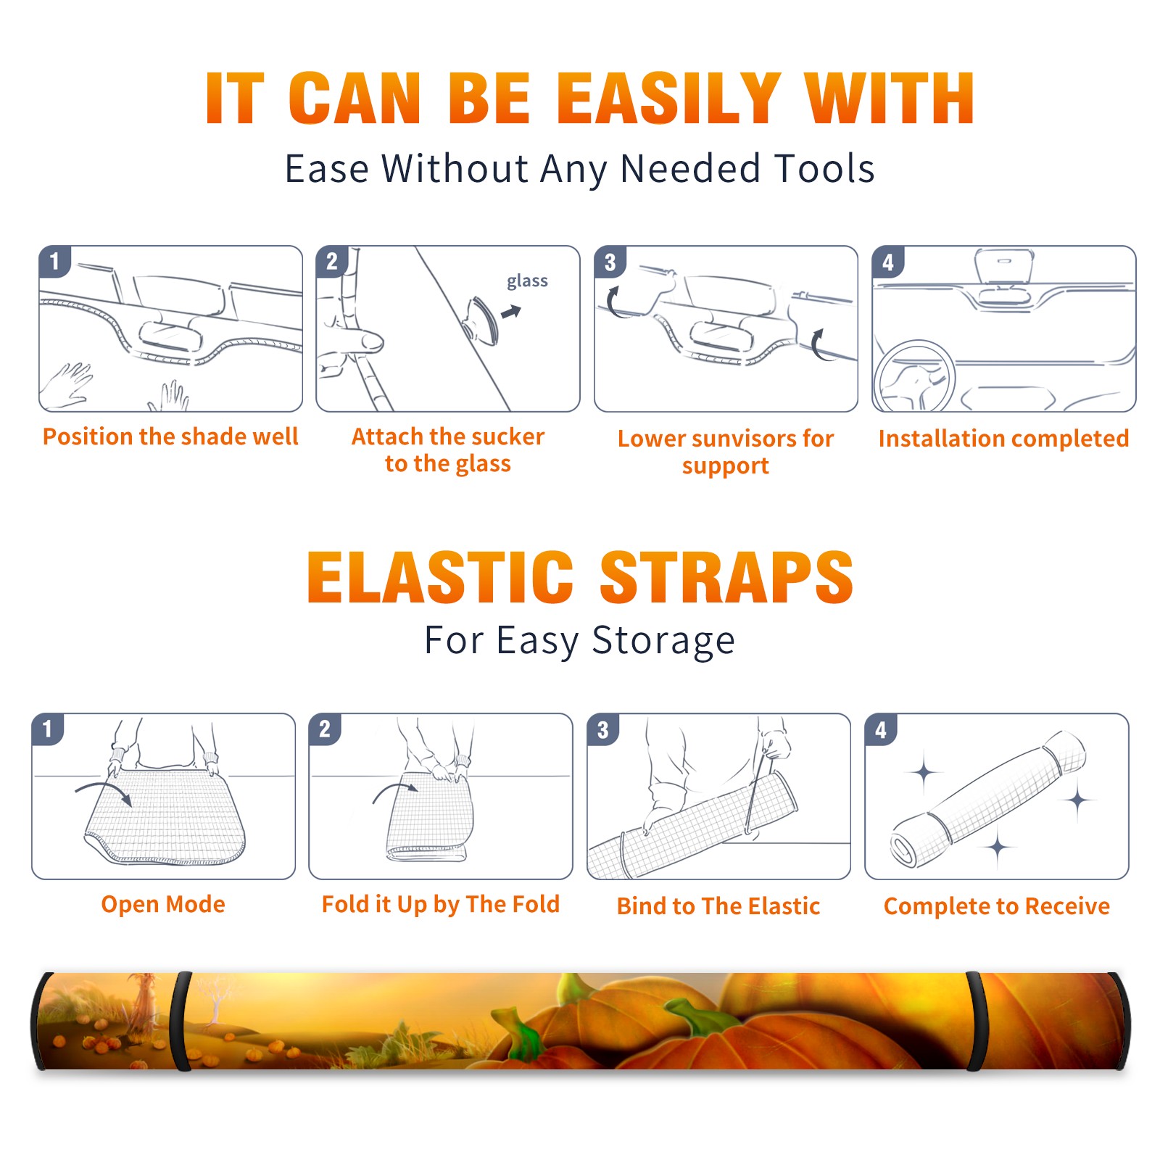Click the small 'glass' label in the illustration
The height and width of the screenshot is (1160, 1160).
point(527,281)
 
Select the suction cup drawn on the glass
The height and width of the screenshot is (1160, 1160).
point(481,320)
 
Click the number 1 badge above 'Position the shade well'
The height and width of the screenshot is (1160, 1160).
point(55,261)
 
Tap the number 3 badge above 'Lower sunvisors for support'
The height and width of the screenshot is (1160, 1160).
point(610,262)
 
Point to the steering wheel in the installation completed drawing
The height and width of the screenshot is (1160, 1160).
point(914,377)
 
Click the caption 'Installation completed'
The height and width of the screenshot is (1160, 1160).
point(1003,438)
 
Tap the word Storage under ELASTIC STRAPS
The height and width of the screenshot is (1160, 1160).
point(663,641)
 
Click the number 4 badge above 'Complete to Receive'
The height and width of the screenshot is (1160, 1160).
point(881,729)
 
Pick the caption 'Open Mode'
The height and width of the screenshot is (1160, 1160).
point(163,904)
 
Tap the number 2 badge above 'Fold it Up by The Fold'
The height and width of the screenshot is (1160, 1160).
point(325,729)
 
